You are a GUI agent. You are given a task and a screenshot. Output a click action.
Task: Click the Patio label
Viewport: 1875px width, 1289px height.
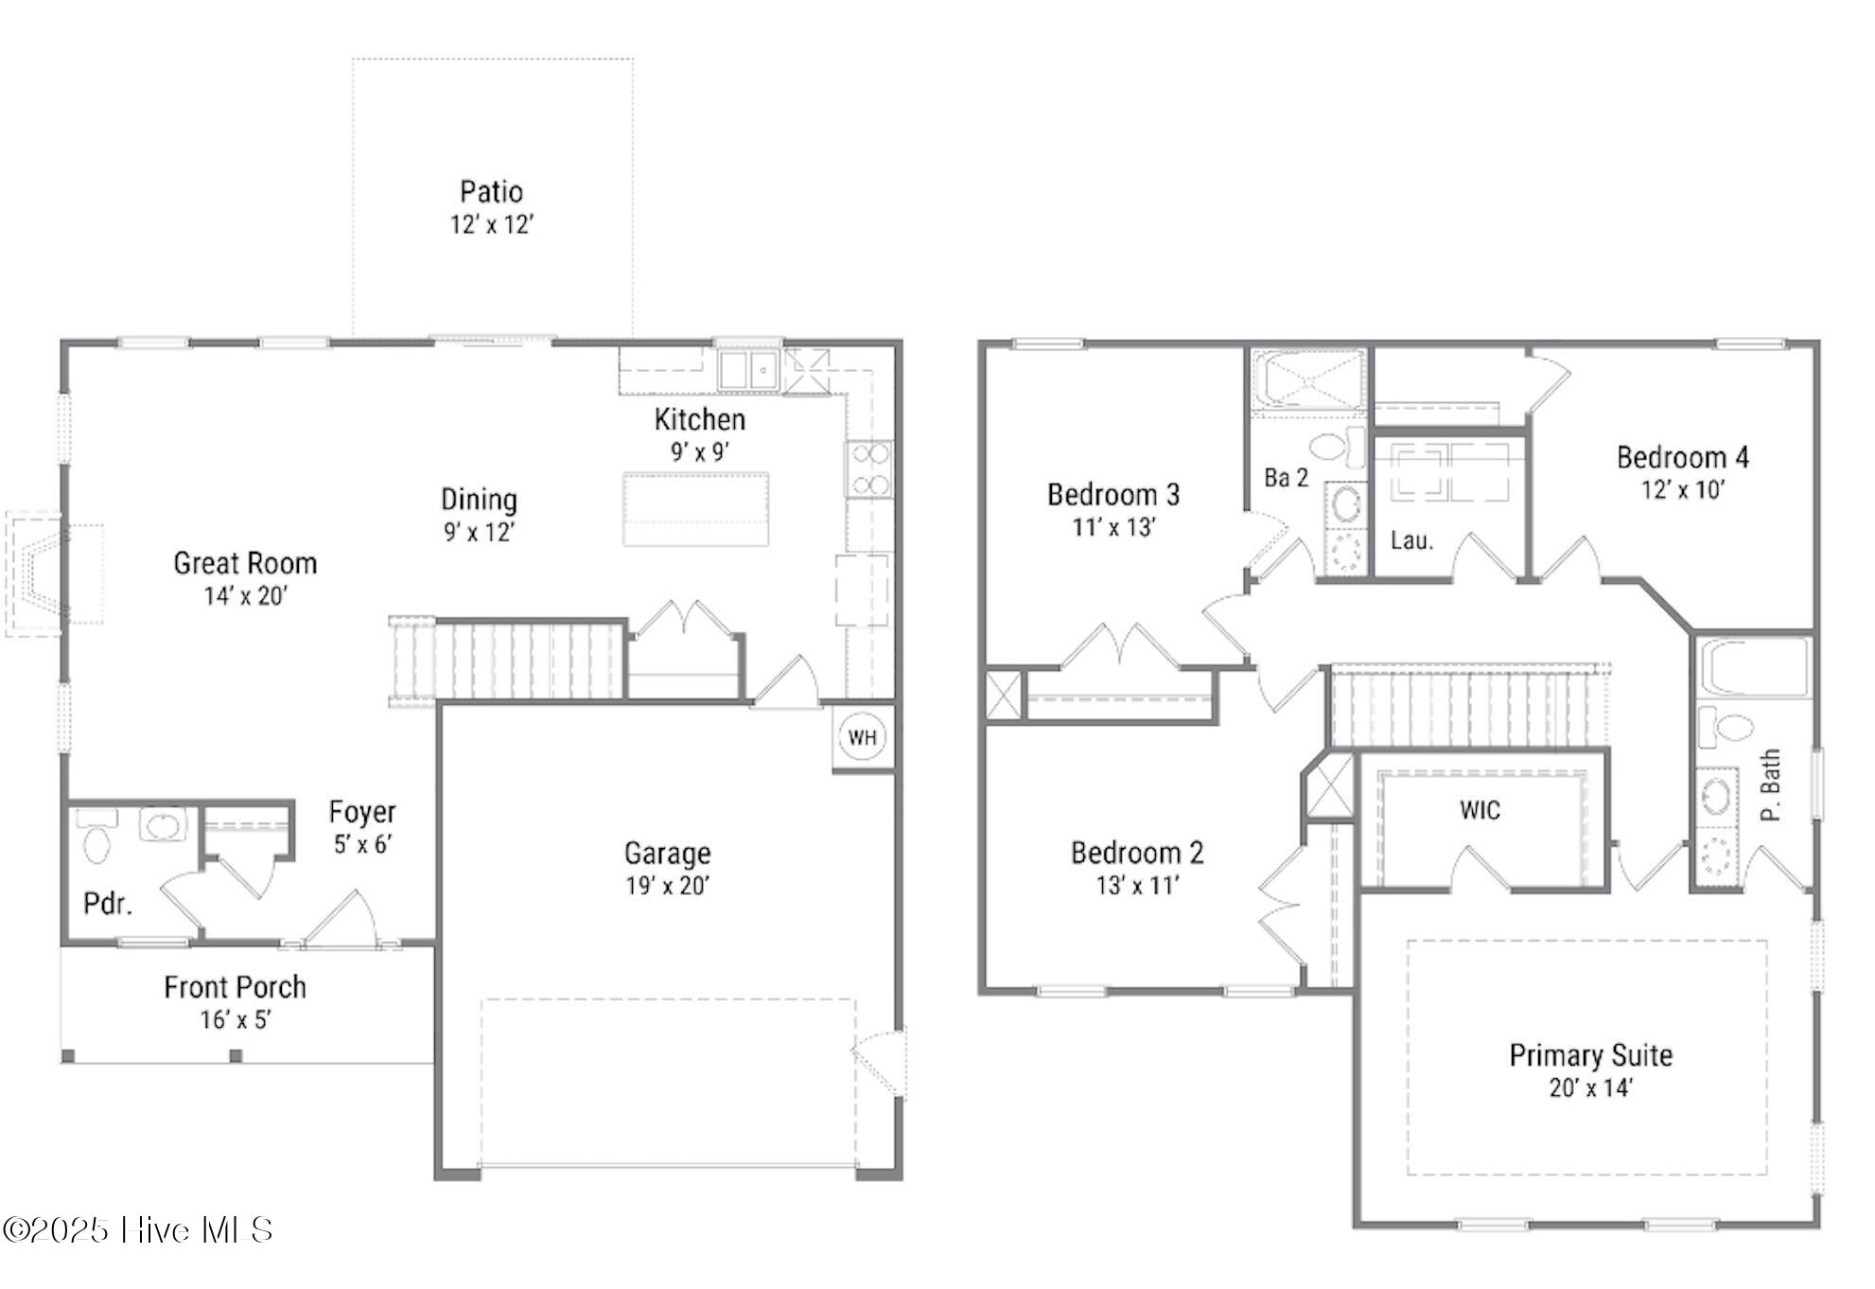coord(491,192)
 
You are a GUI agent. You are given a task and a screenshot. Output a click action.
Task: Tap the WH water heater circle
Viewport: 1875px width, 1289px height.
coord(862,737)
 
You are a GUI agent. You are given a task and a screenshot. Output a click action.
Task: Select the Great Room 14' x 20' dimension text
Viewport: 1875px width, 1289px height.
coord(245,595)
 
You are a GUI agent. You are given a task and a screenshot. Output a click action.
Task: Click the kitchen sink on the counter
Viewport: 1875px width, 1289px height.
coord(746,370)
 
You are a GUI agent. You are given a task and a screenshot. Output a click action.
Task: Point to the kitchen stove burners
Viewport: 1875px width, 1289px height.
coord(868,469)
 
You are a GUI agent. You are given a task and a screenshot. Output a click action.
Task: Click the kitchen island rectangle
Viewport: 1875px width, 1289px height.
coord(695,509)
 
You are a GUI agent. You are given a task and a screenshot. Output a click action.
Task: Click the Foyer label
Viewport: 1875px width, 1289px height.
coord(362,812)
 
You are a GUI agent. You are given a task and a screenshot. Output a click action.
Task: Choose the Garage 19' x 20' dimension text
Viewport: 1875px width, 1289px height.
coord(667,886)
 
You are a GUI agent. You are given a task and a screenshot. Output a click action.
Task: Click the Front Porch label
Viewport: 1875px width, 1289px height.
coord(235,987)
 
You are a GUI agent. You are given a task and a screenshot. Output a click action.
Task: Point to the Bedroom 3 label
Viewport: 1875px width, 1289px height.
coord(1113,494)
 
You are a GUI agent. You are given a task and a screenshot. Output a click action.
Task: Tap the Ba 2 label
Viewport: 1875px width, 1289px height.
coord(1286,478)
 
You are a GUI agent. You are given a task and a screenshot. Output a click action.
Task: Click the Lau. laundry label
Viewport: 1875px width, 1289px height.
coord(1411,540)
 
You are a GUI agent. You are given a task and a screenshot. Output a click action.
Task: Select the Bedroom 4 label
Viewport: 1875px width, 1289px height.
coord(1683,457)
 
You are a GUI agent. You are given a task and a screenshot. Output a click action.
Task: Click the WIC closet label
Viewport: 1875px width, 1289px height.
coord(1480,810)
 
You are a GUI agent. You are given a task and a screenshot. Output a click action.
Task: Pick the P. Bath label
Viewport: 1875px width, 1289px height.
coord(1770,785)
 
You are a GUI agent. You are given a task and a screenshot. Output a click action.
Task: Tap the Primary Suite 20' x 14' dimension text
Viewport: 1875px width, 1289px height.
coord(1591,1088)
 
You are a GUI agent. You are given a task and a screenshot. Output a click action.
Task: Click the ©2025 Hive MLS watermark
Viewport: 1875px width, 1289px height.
coord(138,1229)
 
